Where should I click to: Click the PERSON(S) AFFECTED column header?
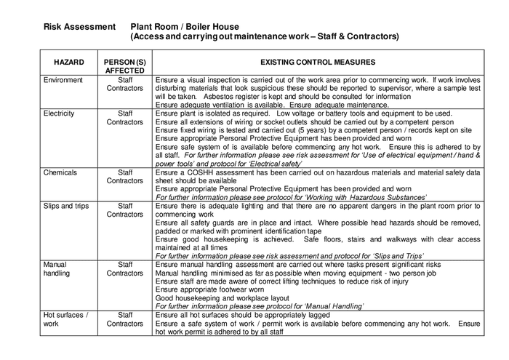click(125, 67)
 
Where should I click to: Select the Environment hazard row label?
click(63, 80)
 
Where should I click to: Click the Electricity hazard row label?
click(60, 113)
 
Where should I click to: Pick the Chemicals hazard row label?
click(60, 172)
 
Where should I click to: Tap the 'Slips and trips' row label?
click(66, 206)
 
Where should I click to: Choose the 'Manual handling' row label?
click(56, 269)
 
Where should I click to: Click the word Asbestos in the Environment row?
click(224, 96)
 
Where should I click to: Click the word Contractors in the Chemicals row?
click(125, 180)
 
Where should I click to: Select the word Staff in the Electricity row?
click(125, 113)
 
